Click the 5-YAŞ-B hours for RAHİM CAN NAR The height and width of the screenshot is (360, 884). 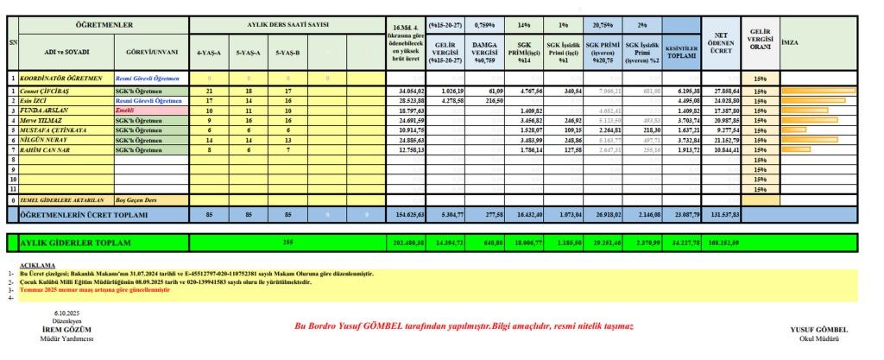click(287, 149)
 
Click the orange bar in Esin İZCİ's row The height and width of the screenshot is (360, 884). click(812, 101)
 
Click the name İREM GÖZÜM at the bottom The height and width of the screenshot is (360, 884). click(66, 329)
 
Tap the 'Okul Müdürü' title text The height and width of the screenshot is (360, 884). click(818, 337)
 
